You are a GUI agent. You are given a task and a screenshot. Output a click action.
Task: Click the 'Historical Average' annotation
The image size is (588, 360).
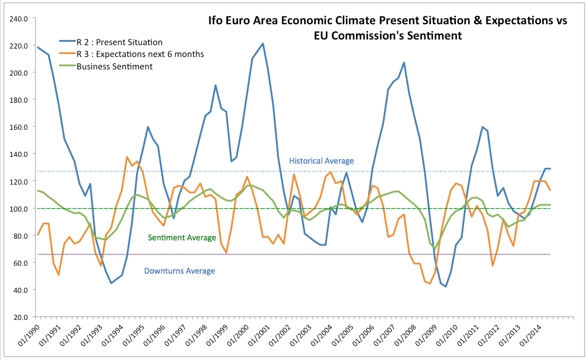(x=321, y=161)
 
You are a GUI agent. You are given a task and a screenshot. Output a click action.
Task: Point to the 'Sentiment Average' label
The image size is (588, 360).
(x=181, y=238)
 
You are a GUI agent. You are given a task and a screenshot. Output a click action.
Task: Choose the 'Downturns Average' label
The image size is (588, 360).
(x=179, y=271)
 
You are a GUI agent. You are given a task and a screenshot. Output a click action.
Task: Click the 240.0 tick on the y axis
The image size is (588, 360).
(x=19, y=19)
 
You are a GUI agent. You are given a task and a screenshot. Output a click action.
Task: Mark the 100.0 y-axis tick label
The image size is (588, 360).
(x=19, y=209)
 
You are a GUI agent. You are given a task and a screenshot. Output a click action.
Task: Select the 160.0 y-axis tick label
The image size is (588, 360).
(x=19, y=127)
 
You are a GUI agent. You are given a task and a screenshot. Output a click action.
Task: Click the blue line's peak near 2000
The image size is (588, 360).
(x=263, y=43)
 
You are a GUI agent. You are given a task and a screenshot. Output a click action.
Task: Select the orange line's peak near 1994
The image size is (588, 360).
(x=127, y=157)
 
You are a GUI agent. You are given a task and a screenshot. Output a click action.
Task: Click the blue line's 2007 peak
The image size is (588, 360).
(x=404, y=63)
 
